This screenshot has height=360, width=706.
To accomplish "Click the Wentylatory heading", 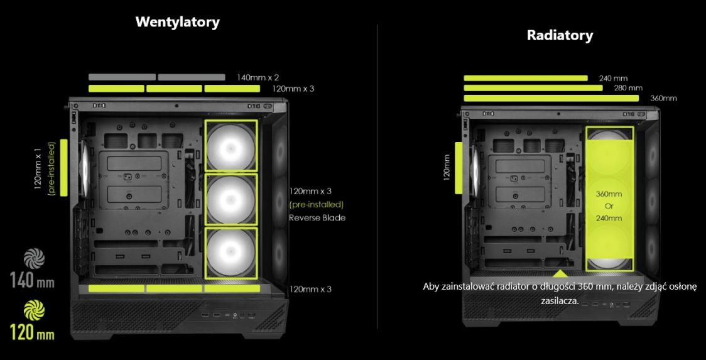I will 178,22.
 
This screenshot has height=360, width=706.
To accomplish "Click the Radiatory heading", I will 560,35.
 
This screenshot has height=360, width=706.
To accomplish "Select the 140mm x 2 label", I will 258,78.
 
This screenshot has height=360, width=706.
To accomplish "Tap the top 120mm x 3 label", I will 293,89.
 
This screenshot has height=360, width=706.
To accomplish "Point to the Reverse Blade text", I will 317,218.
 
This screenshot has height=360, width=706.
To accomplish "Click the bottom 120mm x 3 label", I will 310,289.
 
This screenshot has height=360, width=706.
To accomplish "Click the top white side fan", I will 231,146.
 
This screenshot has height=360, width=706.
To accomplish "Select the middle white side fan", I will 231,199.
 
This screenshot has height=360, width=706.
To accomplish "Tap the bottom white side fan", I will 231,253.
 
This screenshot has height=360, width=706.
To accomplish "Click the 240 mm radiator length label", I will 613,79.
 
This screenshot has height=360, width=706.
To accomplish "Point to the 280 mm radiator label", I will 627,88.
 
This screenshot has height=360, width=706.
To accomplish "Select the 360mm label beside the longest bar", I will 663,98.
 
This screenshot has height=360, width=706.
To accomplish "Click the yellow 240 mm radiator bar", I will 525,79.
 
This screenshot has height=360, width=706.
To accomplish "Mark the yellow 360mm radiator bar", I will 551,98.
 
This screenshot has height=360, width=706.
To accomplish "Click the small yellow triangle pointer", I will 560,273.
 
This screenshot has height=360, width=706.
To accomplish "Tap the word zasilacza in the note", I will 560,300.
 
